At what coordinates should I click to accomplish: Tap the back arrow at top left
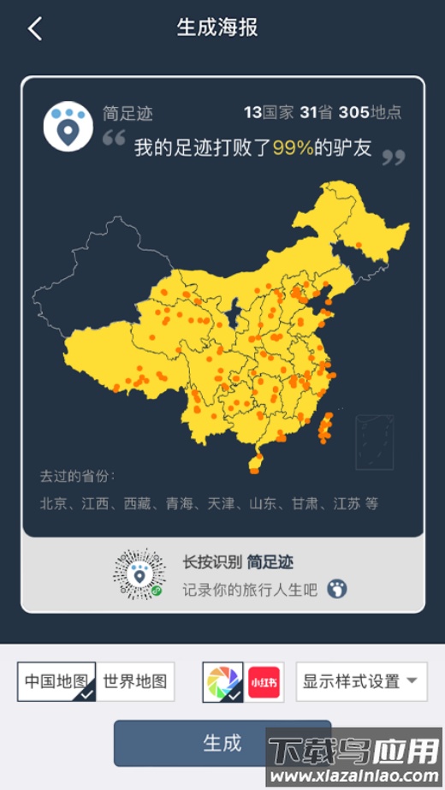35,28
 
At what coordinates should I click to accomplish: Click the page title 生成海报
217,28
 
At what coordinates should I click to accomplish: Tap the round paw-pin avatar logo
68,126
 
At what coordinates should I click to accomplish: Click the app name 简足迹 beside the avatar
128,114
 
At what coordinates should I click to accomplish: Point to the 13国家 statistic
269,112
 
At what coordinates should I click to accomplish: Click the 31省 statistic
316,112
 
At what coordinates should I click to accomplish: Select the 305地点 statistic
370,112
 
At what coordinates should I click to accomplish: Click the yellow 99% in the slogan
293,147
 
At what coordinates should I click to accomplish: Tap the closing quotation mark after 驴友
393,157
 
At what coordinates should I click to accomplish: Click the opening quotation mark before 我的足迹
114,138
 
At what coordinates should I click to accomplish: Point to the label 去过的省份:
77,476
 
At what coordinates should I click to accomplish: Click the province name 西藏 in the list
137,503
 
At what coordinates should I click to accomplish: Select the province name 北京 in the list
53,503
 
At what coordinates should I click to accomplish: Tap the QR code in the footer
139,574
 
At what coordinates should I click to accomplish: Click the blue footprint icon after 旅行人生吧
337,589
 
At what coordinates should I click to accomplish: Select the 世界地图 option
135,682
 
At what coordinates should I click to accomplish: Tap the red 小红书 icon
264,682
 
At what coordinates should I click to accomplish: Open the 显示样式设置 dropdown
361,682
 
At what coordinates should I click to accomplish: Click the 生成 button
222,742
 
